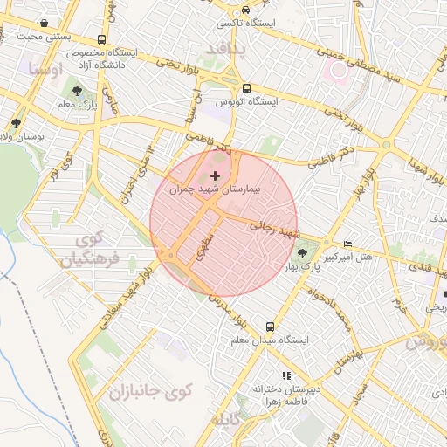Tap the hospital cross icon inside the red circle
click(x=216, y=176)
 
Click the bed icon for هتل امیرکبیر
click(x=348, y=244)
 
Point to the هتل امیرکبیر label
click(x=348, y=258)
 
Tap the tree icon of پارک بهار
click(x=302, y=254)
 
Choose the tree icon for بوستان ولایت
click(x=16, y=123)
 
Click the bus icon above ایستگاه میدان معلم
click(x=269, y=325)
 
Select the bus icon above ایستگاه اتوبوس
click(x=246, y=88)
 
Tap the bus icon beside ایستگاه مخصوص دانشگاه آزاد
click(x=102, y=40)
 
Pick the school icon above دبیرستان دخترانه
click(x=282, y=375)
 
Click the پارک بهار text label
click(x=290, y=266)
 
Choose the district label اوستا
click(x=44, y=67)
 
